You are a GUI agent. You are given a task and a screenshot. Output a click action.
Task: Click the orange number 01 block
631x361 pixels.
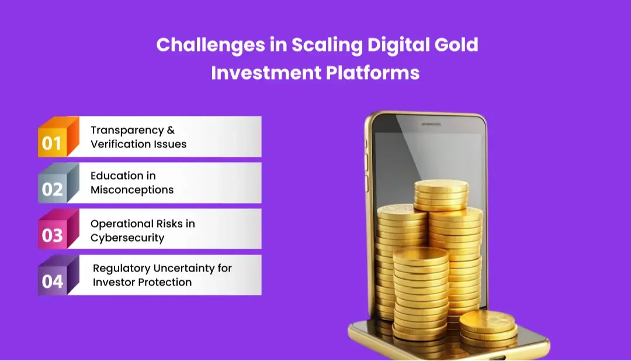(53, 142)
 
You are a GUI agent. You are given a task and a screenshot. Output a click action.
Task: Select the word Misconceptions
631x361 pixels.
(132, 190)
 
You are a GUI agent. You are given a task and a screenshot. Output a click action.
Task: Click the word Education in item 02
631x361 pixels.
(115, 176)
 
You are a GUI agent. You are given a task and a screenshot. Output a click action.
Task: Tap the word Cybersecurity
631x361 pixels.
(127, 238)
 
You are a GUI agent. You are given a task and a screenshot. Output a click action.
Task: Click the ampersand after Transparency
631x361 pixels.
(171, 130)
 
